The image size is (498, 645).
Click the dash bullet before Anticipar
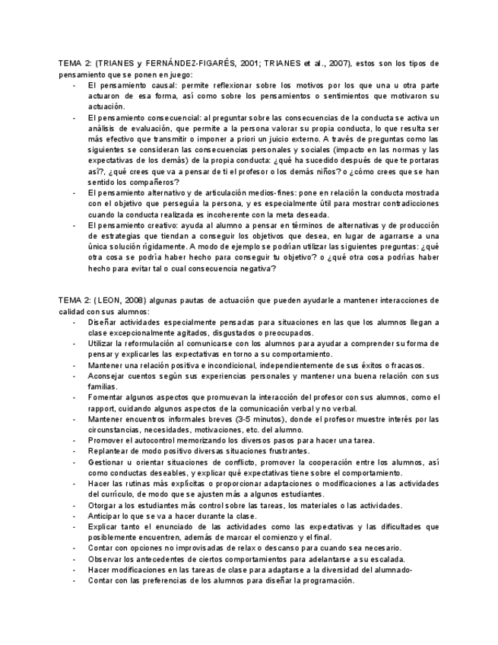click(x=74, y=516)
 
